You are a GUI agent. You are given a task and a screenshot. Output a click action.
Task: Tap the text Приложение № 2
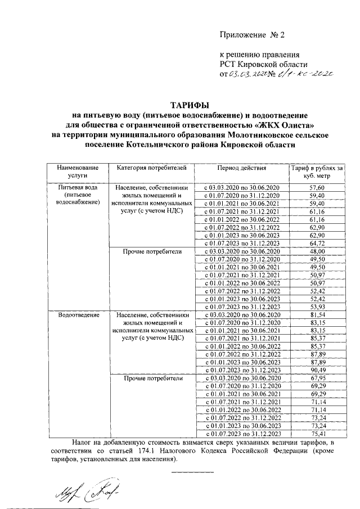pyautogui.click(x=253, y=35)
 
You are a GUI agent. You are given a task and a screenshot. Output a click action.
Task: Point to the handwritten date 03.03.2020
pyautogui.click(x=250, y=73)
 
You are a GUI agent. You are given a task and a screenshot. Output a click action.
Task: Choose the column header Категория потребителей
pyautogui.click(x=151, y=168)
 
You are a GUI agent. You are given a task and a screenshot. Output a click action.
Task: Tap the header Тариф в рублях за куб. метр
pyautogui.click(x=317, y=172)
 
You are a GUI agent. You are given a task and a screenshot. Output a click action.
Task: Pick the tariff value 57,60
pyautogui.click(x=317, y=187)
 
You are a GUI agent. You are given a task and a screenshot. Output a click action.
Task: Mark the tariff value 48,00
pyautogui.click(x=317, y=251)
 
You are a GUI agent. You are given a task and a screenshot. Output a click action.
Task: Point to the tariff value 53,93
pyautogui.click(x=317, y=307)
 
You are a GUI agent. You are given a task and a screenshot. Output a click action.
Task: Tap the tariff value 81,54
pyautogui.click(x=317, y=314)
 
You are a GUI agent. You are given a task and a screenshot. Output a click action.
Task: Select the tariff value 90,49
pyautogui.click(x=317, y=370)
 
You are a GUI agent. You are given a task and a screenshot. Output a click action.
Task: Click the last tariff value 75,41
pyautogui.click(x=317, y=434)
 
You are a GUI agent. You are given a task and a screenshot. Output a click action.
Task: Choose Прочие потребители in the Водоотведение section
pyautogui.click(x=152, y=379)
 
